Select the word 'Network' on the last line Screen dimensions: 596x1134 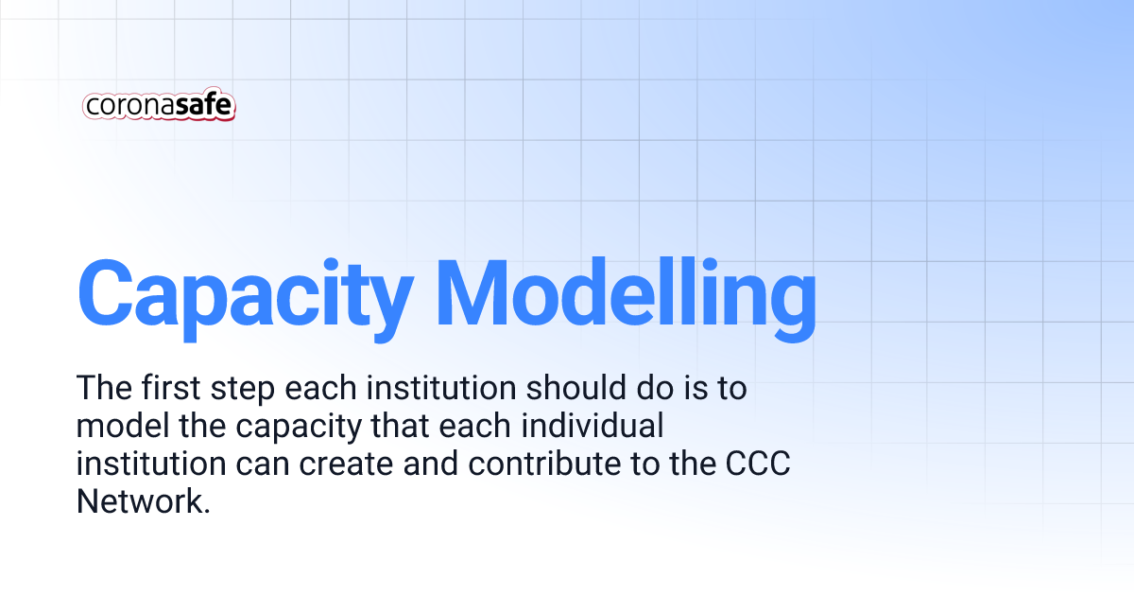[141, 502]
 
